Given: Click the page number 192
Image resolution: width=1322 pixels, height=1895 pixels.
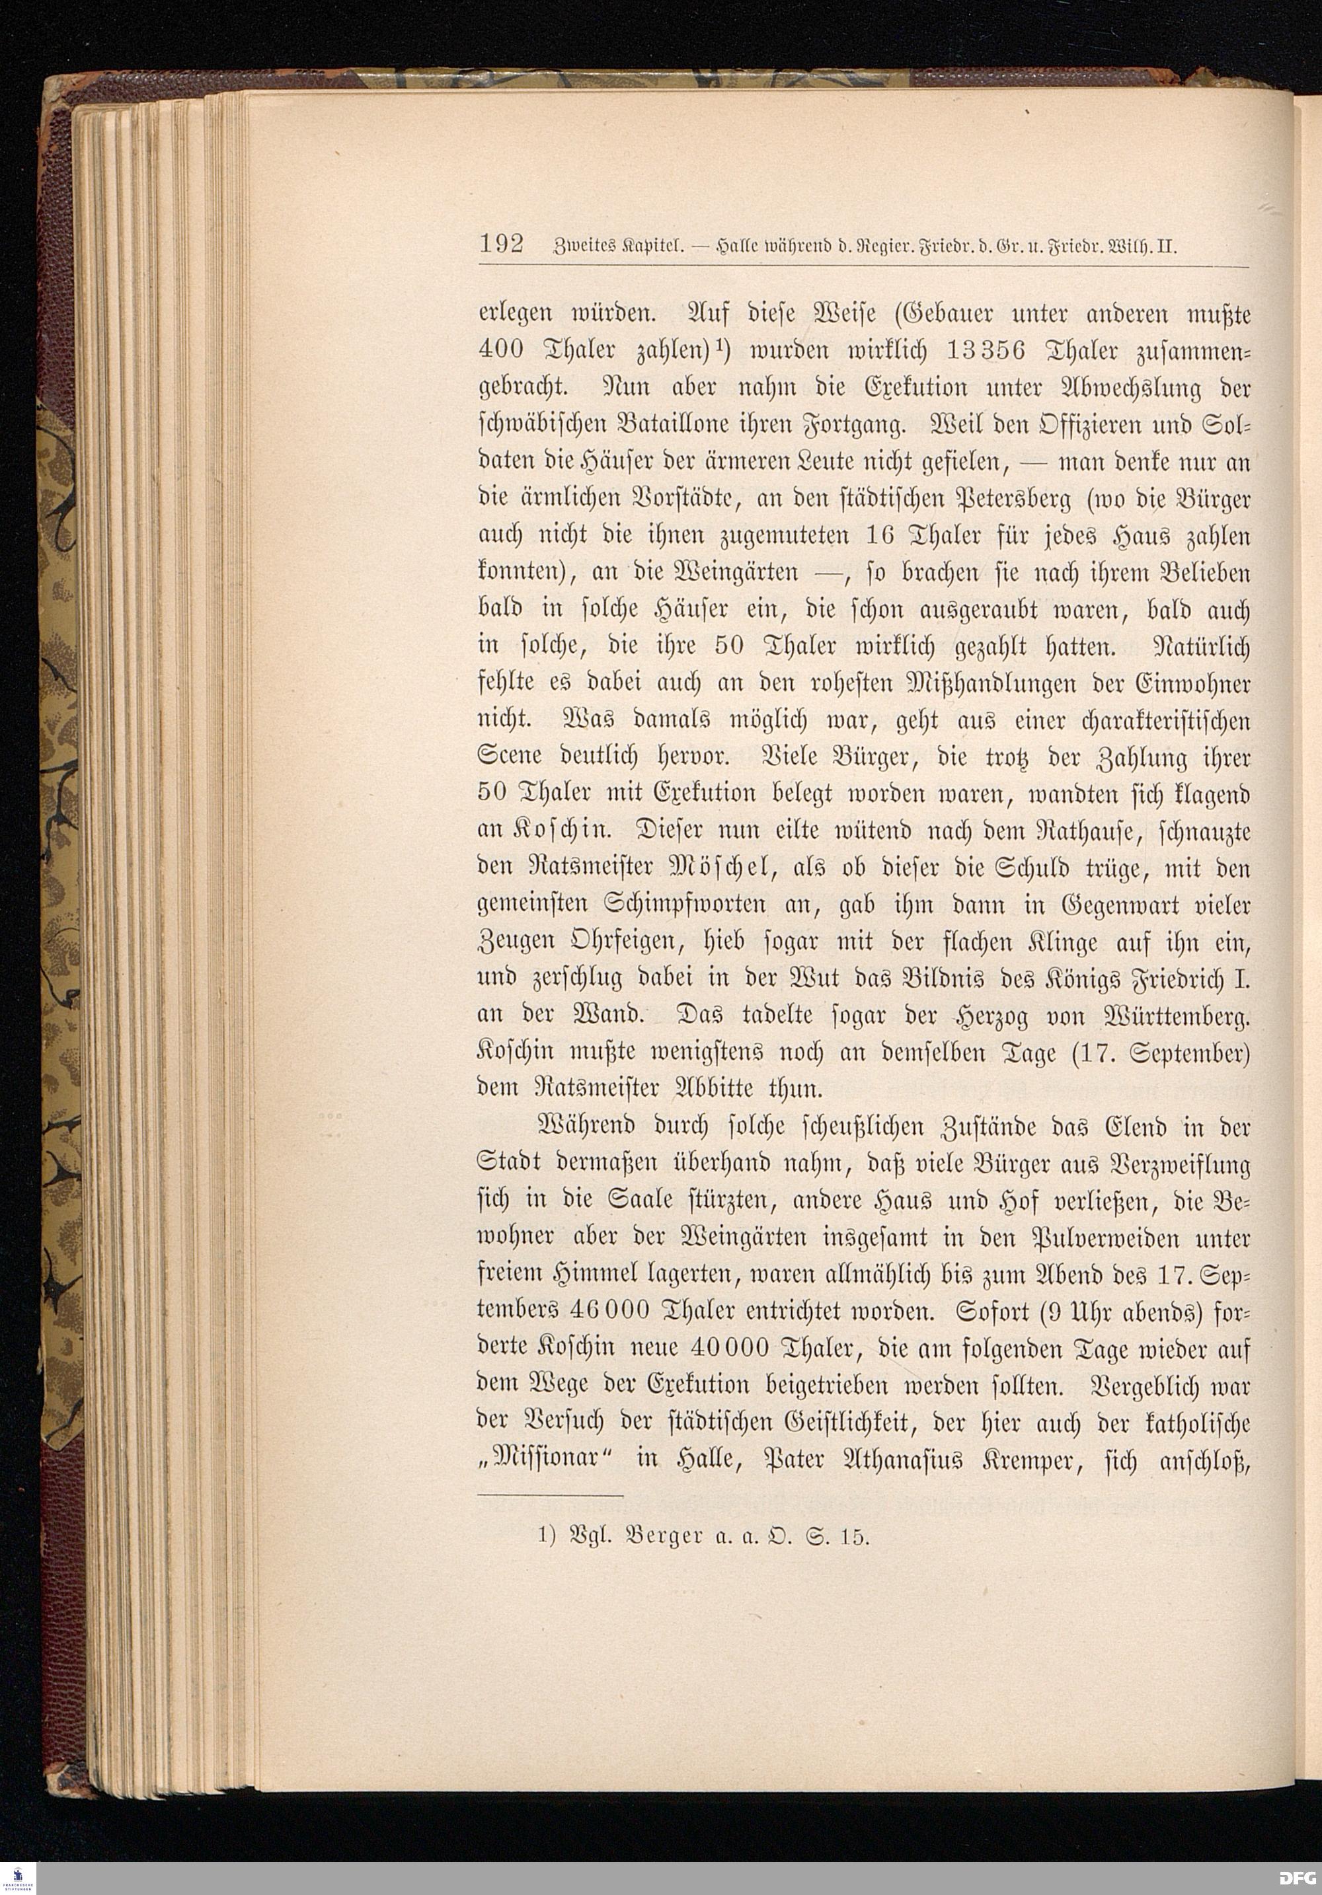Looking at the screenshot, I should click(501, 245).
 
